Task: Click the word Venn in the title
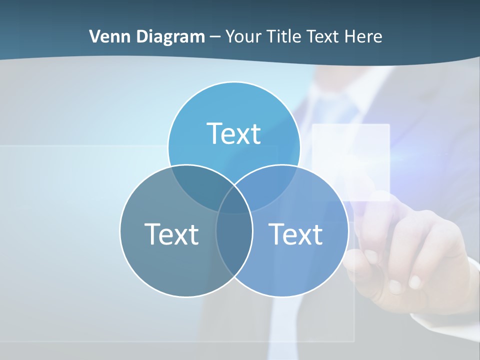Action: coord(106,36)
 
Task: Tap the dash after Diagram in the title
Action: coord(215,37)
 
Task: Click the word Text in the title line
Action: coord(325,36)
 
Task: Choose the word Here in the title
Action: coord(365,36)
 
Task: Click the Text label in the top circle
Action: coord(233,134)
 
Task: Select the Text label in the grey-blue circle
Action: coord(171,234)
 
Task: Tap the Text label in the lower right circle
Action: coord(295,234)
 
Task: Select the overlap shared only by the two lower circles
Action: coord(234,240)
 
